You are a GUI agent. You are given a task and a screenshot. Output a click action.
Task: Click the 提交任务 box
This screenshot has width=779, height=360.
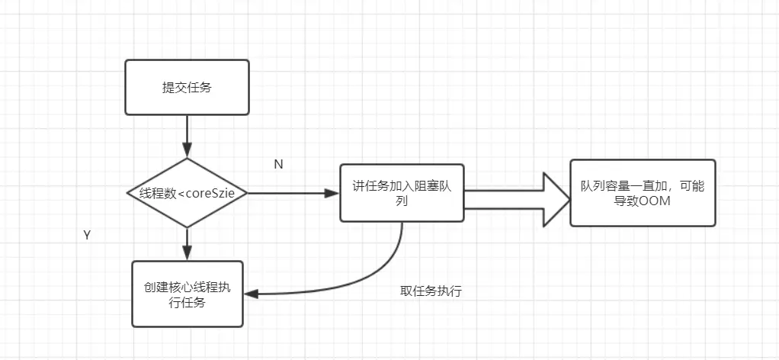click(x=187, y=88)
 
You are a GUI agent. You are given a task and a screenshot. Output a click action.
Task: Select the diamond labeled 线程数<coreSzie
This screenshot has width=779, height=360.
click(x=187, y=193)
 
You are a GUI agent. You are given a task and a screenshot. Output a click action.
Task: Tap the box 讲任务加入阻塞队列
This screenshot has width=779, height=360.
click(x=402, y=193)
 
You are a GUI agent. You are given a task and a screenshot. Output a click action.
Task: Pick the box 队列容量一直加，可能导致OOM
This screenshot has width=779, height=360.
click(x=643, y=193)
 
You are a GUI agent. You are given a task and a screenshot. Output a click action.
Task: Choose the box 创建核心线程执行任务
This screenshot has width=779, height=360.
click(x=187, y=294)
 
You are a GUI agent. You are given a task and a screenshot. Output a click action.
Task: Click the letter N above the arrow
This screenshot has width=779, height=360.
click(x=278, y=165)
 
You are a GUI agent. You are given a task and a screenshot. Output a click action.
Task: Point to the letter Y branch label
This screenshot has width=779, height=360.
click(x=87, y=236)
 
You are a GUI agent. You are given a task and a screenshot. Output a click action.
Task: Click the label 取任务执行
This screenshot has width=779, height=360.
click(x=431, y=291)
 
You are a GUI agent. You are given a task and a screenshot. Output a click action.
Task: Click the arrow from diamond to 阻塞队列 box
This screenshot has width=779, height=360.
click(x=293, y=193)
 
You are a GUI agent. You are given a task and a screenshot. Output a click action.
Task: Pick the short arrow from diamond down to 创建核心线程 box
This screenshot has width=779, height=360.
click(x=187, y=243)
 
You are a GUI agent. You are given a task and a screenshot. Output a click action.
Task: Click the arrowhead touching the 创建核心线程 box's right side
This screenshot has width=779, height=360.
click(x=249, y=294)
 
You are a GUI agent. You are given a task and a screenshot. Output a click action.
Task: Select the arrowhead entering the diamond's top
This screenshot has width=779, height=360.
click(x=187, y=152)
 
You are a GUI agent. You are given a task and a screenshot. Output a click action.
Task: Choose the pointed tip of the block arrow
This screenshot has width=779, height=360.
click(x=568, y=199)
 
